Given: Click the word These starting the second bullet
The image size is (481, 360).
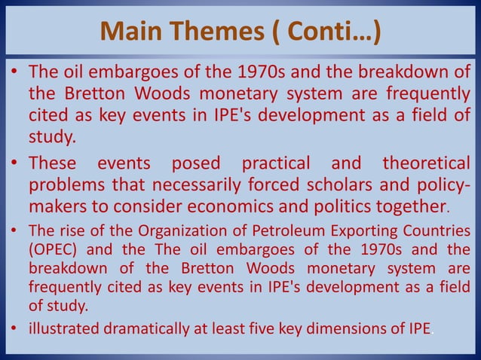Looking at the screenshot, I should (54, 163).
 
